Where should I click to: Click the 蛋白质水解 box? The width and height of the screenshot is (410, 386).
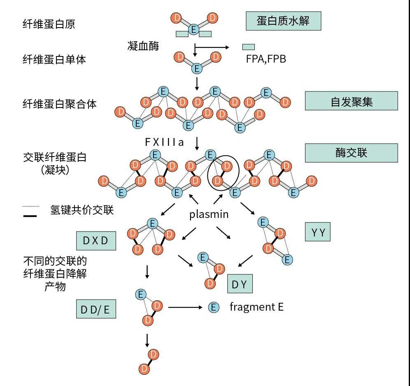283,21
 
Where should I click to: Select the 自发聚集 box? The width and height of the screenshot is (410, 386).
351,101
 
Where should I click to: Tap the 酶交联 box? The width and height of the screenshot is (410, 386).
351,153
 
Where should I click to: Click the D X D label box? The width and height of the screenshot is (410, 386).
96,241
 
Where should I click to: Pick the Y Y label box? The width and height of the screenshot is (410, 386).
318,232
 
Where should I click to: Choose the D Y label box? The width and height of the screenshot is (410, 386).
240,283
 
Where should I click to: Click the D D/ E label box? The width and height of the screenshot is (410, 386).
96,309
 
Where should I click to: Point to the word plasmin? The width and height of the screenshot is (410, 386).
209,214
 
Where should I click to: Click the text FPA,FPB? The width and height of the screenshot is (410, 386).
266,59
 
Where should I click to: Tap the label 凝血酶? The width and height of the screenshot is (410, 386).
143,46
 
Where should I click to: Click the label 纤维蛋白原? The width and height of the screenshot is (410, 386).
49,24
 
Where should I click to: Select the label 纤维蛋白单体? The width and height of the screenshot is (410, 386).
54,59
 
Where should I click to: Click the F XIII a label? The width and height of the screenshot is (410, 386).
164,142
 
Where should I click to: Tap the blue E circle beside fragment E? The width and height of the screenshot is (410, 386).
213,307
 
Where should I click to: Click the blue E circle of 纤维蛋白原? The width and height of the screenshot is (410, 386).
193,29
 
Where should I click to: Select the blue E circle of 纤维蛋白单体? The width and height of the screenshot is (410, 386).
197,68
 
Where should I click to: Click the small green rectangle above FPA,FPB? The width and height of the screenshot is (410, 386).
248,47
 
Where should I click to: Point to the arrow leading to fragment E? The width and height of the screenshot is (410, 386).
185,307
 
